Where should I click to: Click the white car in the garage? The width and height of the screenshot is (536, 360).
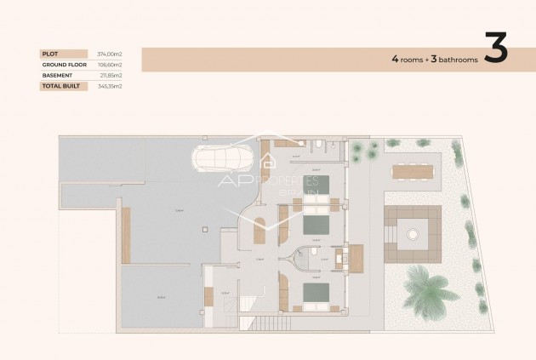coord(222,159)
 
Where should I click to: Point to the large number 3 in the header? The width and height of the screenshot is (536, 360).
coord(495,49)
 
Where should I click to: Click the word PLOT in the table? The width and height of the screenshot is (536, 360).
coord(49,54)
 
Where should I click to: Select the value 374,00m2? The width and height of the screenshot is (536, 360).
coord(110,54)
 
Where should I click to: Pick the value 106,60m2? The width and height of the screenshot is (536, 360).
coord(110,65)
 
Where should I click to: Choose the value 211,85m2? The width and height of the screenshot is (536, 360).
coord(111,75)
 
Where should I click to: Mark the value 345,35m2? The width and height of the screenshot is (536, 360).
coord(110,86)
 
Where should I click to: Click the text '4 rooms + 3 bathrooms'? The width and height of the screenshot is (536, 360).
coord(433,60)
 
